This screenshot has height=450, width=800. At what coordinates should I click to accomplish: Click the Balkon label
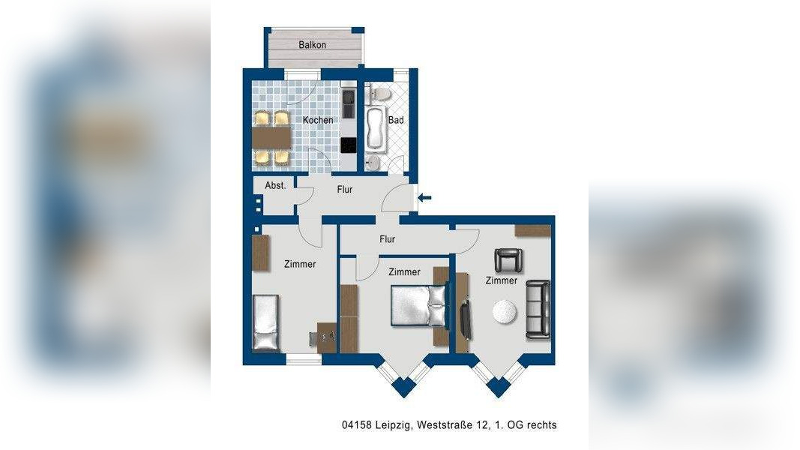tap(312, 45)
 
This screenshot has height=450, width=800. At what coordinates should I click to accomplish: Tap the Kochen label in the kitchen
tap(318, 120)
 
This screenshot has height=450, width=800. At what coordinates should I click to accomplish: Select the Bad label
tap(396, 120)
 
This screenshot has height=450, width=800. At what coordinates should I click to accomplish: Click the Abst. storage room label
tap(275, 186)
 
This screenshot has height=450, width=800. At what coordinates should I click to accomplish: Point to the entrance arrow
tap(424, 197)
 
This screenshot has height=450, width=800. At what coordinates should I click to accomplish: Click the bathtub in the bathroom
tap(376, 129)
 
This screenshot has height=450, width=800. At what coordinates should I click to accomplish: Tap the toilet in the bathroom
tap(379, 94)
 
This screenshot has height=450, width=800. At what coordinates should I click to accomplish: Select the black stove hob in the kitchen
tap(349, 145)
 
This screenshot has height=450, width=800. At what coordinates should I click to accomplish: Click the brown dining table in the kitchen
tap(272, 138)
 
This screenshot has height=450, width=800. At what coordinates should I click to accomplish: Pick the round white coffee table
tap(505, 311)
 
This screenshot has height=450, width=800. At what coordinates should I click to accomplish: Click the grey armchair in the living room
tap(508, 260)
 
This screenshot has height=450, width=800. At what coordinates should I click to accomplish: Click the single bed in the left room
tap(266, 322)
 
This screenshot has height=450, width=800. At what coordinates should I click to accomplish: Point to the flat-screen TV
tap(466, 320)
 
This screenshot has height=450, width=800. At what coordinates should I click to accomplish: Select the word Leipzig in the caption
tap(394, 425)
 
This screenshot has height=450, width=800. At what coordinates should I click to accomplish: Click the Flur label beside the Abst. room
tap(345, 189)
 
